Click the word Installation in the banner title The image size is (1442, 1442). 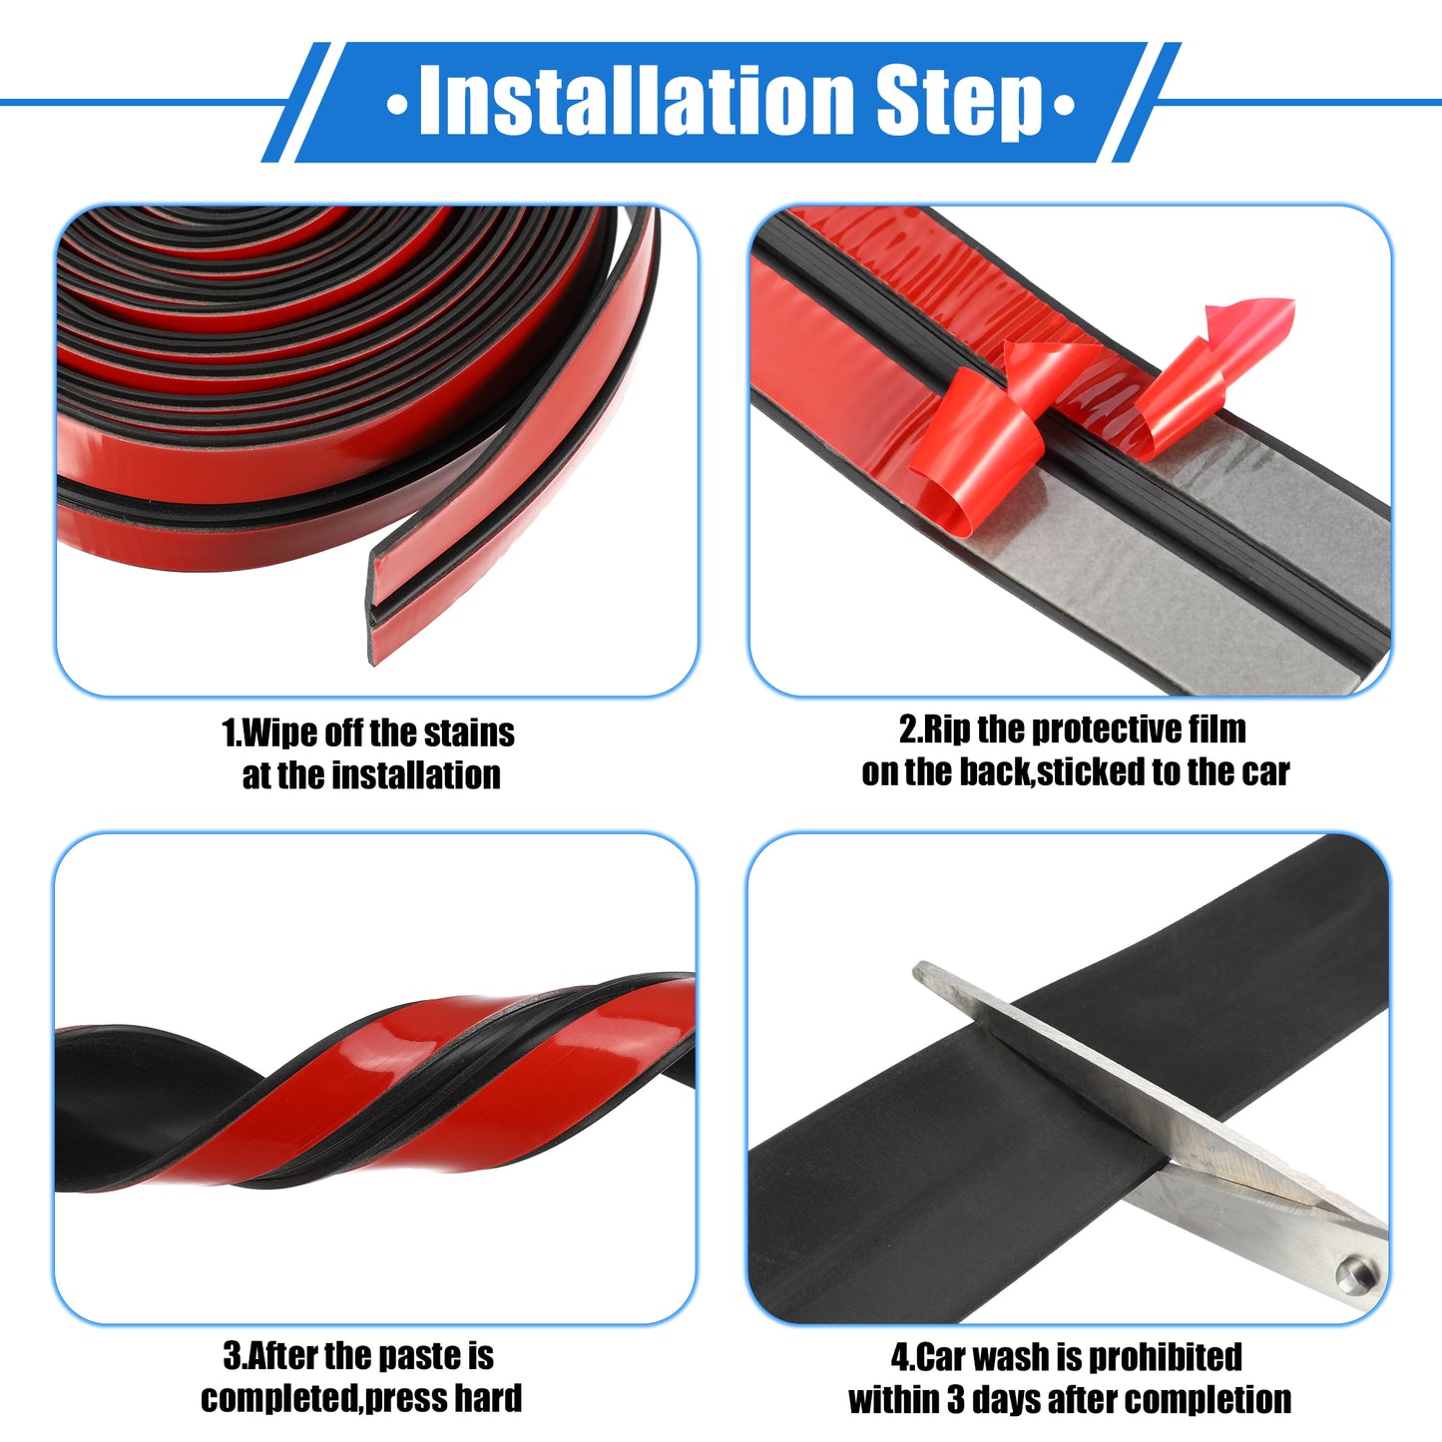pos(637,100)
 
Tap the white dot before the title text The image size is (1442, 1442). pos(396,104)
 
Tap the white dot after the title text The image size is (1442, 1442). pos(1064,104)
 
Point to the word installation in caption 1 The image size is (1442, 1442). pos(416,775)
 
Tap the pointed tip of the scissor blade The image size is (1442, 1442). pos(917,968)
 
